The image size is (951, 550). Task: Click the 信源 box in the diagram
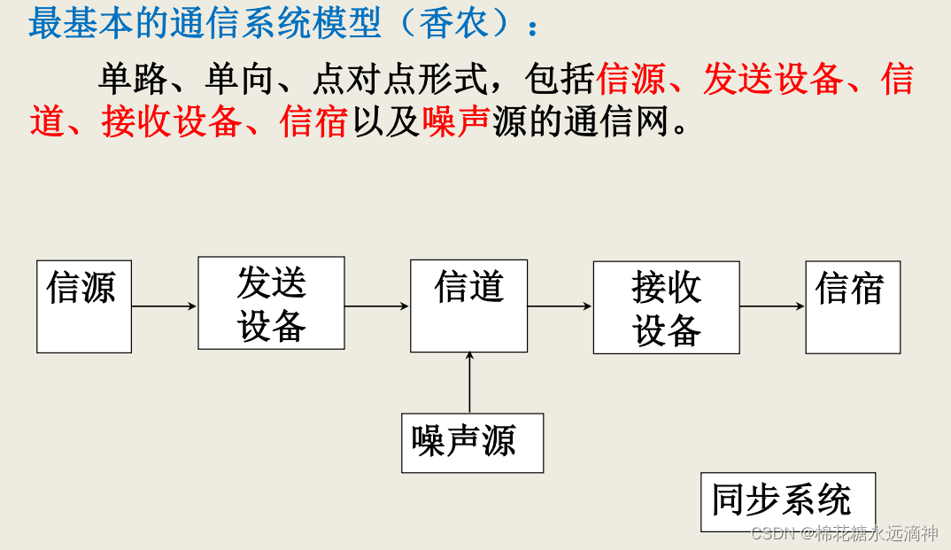point(84,306)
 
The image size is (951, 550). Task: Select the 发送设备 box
point(271,303)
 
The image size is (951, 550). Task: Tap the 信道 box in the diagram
point(468,306)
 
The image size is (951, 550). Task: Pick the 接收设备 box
point(666,307)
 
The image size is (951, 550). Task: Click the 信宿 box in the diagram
point(852,307)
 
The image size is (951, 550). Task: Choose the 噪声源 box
point(472,442)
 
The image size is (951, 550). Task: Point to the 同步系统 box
point(787,501)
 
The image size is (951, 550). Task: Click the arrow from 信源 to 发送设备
point(164,306)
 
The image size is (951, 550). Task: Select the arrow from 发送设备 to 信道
point(377,306)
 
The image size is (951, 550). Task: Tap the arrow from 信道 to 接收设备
point(560,306)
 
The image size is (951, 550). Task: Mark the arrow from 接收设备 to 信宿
point(772,306)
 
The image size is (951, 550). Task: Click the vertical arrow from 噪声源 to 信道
point(469,382)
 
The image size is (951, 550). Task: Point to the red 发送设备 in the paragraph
point(773,80)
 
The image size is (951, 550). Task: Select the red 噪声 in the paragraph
point(457,121)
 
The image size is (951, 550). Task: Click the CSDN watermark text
point(844,533)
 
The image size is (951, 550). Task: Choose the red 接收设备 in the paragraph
point(170,121)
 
